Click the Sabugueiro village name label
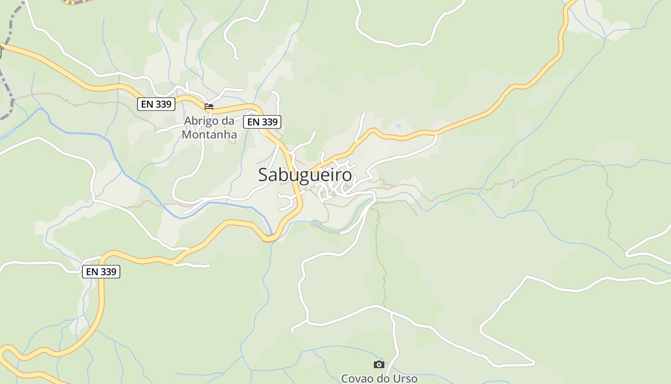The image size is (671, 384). [x=305, y=175]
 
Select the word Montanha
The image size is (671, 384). [x=209, y=134]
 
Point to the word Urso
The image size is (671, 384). [x=404, y=379]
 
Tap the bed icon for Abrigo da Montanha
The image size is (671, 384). [x=209, y=107]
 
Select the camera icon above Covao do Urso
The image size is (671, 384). [x=379, y=364]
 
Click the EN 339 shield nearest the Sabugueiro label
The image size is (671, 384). [x=262, y=122]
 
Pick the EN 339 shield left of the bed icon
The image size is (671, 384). [x=156, y=104]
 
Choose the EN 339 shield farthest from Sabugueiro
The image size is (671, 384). [x=101, y=272]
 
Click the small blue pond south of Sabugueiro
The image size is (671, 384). [x=316, y=223]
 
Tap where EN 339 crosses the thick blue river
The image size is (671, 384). [x=271, y=237]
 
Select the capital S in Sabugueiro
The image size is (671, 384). [x=263, y=175]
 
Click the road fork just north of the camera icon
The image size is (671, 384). [x=392, y=313]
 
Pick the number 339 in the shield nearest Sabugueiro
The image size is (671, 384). [x=269, y=122]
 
